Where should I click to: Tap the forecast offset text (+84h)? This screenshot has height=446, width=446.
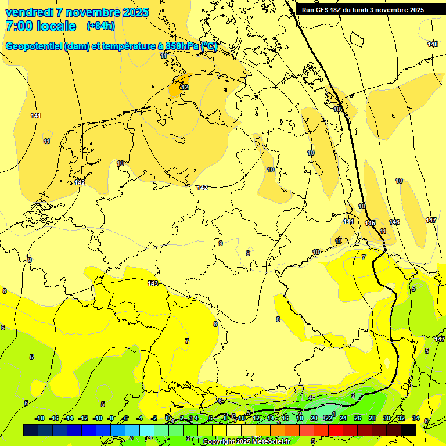(100, 26)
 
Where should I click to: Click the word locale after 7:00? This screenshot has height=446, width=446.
(55, 26)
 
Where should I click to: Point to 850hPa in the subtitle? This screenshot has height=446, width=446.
(180, 46)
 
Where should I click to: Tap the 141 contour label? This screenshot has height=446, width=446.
(36, 116)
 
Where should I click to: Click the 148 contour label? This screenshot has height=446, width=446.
(433, 45)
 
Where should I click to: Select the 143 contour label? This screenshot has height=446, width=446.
(153, 283)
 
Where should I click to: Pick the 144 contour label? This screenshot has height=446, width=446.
(348, 222)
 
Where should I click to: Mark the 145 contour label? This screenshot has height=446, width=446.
(370, 224)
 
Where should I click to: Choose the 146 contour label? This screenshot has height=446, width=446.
(394, 222)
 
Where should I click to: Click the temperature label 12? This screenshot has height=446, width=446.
(185, 87)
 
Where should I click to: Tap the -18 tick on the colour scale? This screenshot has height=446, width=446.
(39, 418)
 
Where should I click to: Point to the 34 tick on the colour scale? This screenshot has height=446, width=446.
(416, 418)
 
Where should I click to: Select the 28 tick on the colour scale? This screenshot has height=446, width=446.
(372, 418)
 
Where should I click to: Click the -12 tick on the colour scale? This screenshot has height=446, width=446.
(83, 418)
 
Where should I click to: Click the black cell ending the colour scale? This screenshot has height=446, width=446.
(408, 430)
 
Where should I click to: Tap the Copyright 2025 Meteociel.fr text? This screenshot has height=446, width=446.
(246, 442)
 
